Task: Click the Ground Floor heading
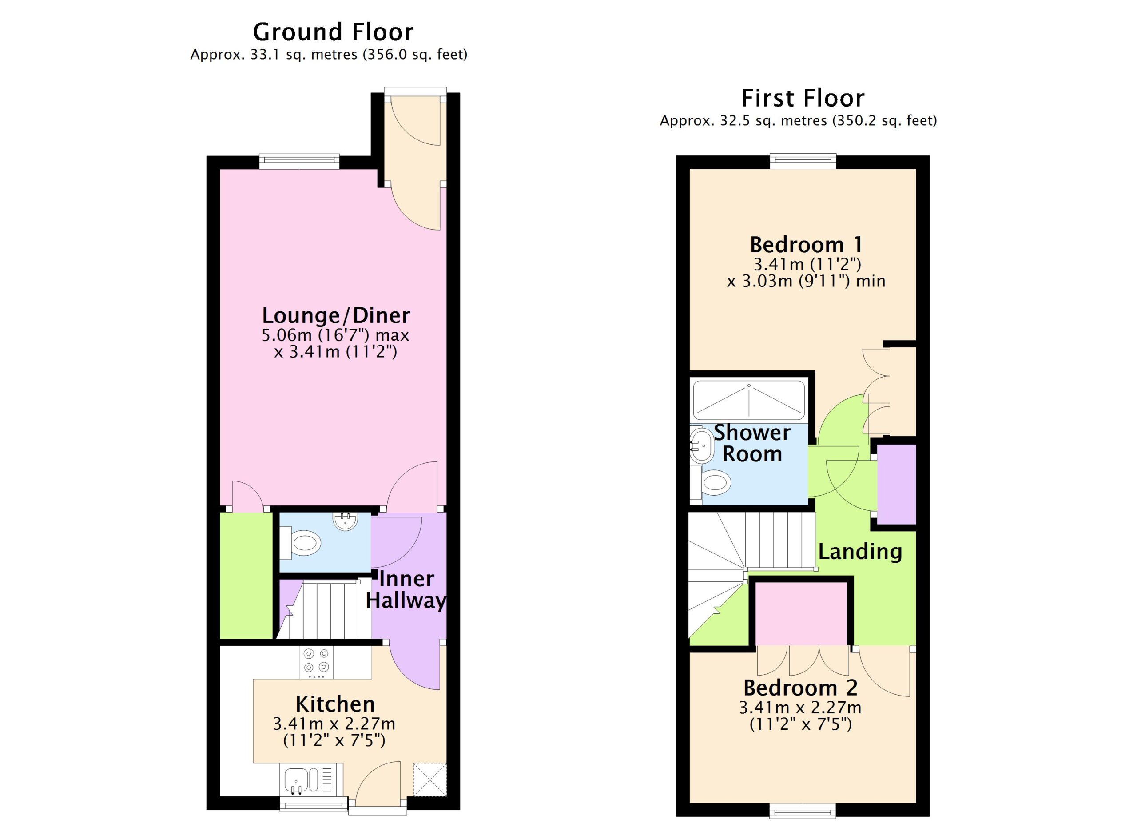(x=333, y=32)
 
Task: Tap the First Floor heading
(x=803, y=98)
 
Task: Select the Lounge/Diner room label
(x=336, y=315)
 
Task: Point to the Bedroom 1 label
(x=806, y=245)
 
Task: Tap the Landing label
(x=860, y=551)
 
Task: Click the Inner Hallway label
(x=406, y=589)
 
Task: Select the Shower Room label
(x=752, y=443)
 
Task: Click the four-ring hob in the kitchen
(x=316, y=662)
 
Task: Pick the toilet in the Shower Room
(x=711, y=483)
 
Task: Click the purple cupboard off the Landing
(x=897, y=484)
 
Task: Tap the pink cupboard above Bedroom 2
(x=801, y=613)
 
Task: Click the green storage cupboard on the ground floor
(x=246, y=576)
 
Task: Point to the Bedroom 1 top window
(x=803, y=161)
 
